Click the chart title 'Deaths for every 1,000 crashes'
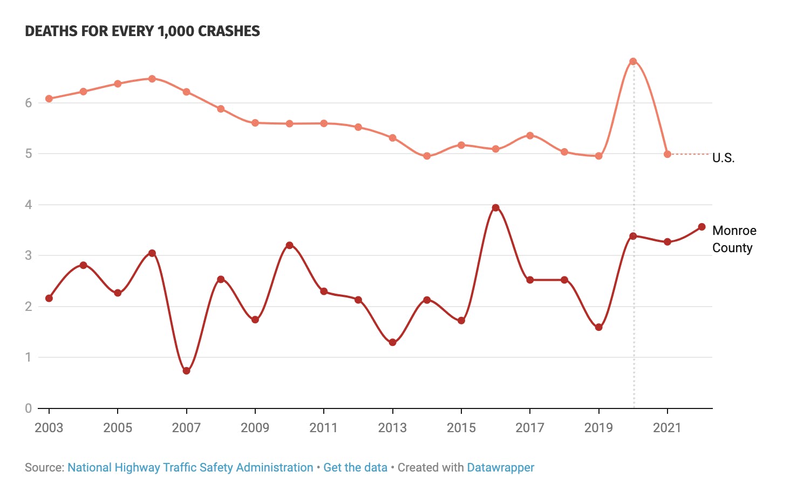point(142,31)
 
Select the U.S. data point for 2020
point(633,61)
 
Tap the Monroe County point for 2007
point(186,371)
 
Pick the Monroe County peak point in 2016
point(495,208)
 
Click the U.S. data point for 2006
point(152,79)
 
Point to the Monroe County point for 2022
point(702,227)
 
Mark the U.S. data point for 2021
point(668,154)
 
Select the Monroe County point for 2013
point(392,342)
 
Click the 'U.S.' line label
point(723,158)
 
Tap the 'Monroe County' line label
point(734,239)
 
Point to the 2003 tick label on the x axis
point(49,428)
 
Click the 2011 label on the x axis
point(324,428)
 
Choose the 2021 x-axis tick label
point(668,428)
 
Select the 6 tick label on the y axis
point(29,103)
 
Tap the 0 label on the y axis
point(29,408)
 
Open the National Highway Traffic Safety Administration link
point(190,468)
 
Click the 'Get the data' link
point(355,468)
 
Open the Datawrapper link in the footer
point(500,468)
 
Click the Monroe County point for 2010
point(289,245)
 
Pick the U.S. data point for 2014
point(427,156)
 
